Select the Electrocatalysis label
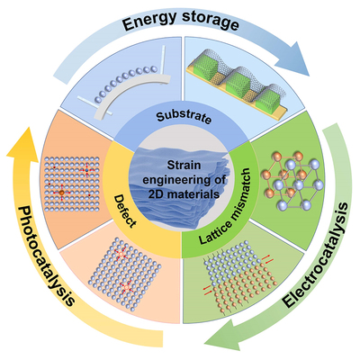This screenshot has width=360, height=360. tap(318, 256)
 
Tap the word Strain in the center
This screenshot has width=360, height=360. tap(184, 166)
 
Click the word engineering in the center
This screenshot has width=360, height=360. tap(184, 180)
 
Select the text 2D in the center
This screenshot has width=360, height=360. tap(157, 194)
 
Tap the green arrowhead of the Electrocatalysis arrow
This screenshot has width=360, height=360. tap(222, 334)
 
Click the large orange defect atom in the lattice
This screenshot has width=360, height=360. tap(62, 193)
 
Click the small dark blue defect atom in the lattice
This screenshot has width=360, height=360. tap(86, 170)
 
